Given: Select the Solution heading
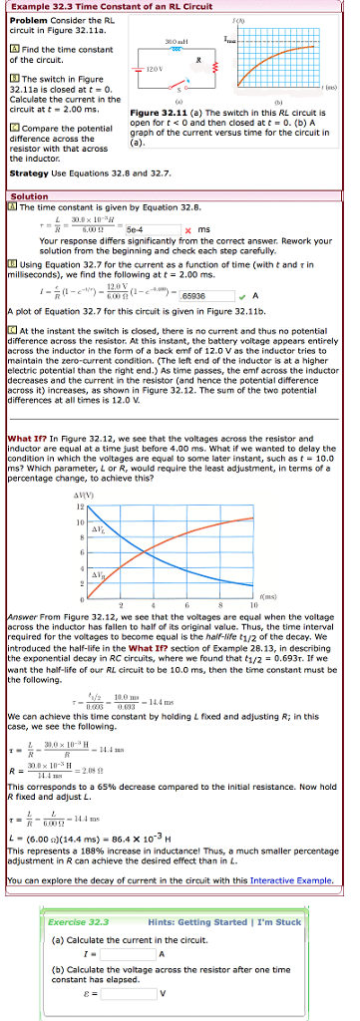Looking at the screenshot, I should (x=28, y=196).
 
